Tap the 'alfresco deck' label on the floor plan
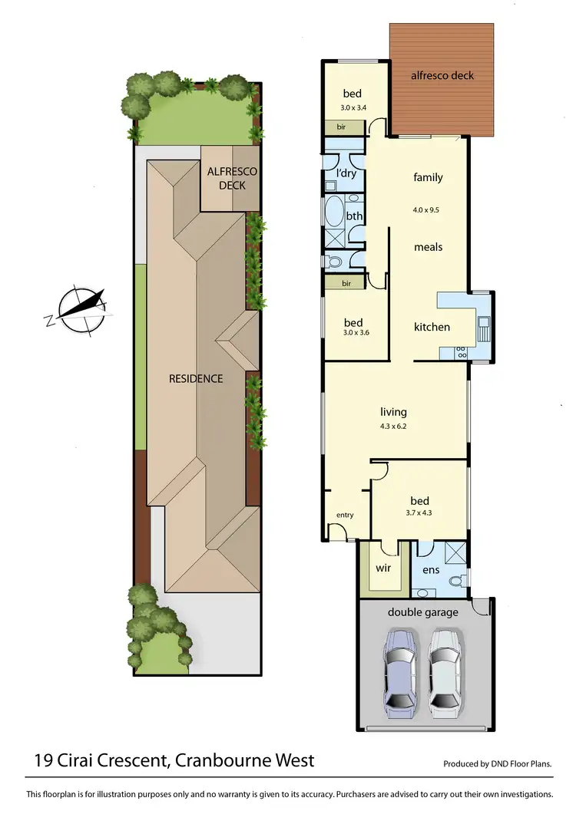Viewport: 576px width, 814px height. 442,75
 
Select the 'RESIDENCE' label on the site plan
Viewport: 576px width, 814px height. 197,378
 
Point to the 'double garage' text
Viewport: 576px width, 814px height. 422,611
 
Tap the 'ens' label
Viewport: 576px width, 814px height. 430,569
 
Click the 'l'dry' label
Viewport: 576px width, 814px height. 345,173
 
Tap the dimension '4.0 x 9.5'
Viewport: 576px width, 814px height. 428,208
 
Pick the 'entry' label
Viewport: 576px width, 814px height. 345,515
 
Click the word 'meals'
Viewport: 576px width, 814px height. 428,247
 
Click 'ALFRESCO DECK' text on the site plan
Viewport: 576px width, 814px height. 232,178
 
